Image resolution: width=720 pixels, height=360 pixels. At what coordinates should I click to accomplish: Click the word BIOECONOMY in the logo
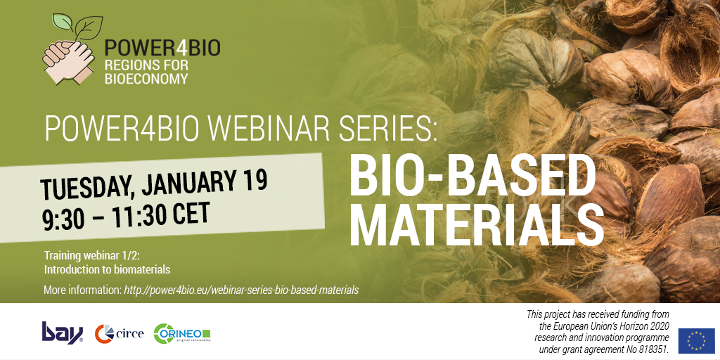146,79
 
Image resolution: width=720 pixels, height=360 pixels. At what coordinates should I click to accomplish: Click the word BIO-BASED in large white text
472,175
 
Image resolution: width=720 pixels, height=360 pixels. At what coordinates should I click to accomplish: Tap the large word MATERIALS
476,224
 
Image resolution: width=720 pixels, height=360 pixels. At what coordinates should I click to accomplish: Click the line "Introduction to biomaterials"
107,269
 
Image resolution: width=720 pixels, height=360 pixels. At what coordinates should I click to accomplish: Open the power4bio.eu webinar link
241,290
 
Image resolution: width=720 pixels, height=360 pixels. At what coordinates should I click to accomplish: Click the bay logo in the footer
63,332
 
